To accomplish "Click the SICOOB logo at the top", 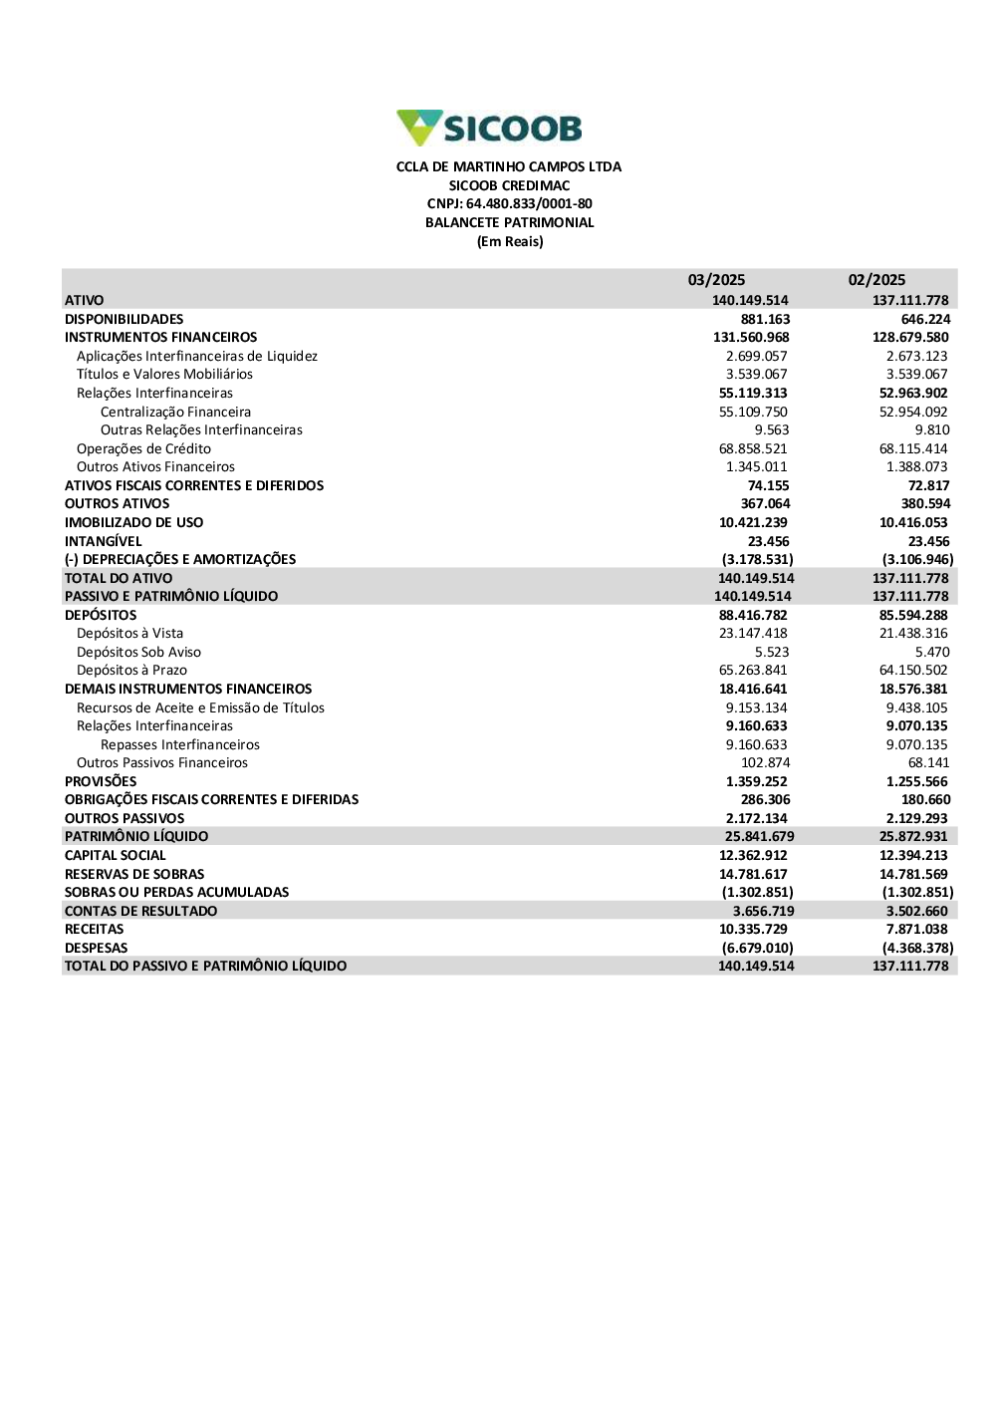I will (489, 128).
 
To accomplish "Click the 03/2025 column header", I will (716, 280).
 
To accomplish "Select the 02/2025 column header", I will (876, 280).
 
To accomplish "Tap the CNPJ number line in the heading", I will (509, 204).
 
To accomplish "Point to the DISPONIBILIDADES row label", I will (124, 319).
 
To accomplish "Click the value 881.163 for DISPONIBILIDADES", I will (765, 319).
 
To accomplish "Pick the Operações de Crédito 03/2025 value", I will (753, 448).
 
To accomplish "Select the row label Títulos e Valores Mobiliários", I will (164, 375).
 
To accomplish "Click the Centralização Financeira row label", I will (175, 412).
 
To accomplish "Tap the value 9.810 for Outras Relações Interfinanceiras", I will (932, 430).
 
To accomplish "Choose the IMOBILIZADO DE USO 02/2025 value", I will (913, 522).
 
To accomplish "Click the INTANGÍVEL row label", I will (104, 541).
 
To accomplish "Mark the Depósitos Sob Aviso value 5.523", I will (772, 652).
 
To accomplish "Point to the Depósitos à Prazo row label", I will (131, 671).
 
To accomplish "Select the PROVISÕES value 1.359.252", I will (756, 781).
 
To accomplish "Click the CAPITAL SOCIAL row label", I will (116, 855).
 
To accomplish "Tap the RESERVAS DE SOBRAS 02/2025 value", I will (913, 874).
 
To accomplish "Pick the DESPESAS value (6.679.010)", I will (757, 948).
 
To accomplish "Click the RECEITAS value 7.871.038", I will (916, 929).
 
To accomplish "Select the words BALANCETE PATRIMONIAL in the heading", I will (509, 223).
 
